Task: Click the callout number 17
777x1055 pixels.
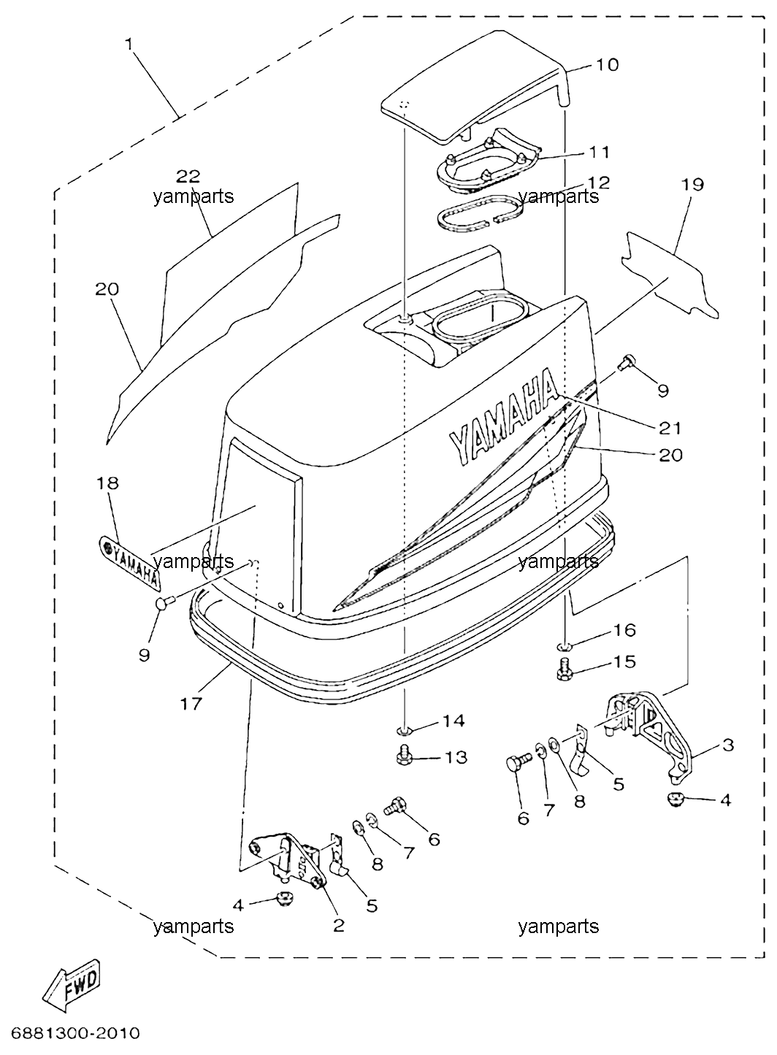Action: pos(191,717)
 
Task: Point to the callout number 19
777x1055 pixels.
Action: pos(692,185)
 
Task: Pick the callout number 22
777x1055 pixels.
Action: pos(188,176)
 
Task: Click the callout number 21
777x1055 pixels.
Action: pos(670,429)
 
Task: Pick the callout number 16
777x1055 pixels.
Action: pos(624,630)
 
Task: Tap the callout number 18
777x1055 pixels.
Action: pos(108,483)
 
